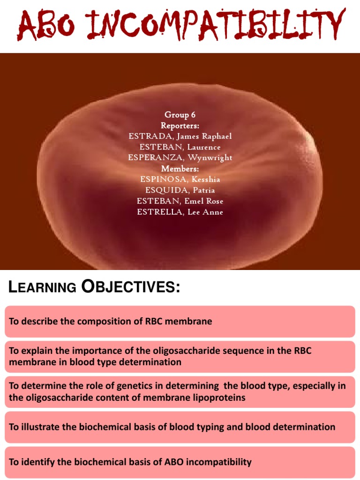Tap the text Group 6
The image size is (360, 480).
[x=180, y=115]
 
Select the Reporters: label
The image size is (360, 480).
[x=180, y=126]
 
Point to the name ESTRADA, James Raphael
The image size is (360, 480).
[x=180, y=136]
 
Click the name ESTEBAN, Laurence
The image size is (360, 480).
[x=180, y=147]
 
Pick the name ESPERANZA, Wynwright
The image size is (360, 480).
[x=180, y=158]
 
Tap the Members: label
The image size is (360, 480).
[x=180, y=169]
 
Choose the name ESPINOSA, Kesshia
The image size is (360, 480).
[x=180, y=180]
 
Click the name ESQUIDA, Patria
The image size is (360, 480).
[x=180, y=190]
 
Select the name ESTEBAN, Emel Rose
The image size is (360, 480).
[x=180, y=201]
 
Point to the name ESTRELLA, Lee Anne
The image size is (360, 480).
[x=180, y=212]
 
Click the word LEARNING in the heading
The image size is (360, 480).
[x=42, y=287]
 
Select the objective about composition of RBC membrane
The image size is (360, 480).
[x=111, y=322]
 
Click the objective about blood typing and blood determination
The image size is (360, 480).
[x=172, y=427]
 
